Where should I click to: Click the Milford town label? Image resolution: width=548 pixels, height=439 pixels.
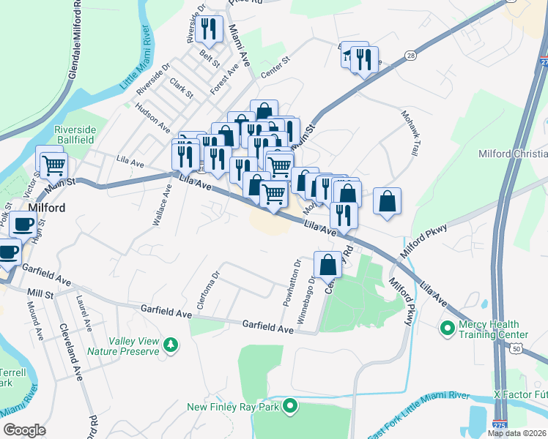coord(47,208)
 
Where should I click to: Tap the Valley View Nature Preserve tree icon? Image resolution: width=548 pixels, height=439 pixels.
coord(171,343)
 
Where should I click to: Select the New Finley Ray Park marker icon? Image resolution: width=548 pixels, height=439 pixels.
coord(291,405)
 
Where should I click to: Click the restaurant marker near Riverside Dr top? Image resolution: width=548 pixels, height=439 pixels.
coord(210,29)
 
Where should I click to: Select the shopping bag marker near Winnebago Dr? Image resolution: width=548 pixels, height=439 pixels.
coord(328,263)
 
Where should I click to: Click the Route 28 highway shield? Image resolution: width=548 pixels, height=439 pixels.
coord(410,56)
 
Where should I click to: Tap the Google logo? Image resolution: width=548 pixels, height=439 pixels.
coord(25,429)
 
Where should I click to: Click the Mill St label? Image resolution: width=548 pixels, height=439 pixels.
coord(40,293)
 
